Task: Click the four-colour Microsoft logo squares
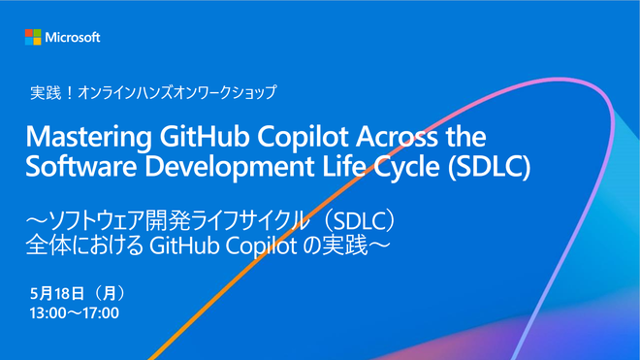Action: tap(33, 37)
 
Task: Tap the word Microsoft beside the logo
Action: tap(73, 38)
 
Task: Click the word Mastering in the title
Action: tap(88, 138)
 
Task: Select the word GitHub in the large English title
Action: tap(204, 137)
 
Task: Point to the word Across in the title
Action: tap(397, 137)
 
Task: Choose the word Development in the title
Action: tap(230, 168)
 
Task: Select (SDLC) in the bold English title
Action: tap(489, 167)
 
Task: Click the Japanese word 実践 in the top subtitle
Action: tap(46, 93)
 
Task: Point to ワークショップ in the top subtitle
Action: tap(235, 93)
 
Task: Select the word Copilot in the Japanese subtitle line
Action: tap(261, 246)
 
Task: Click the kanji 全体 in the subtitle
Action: tap(48, 245)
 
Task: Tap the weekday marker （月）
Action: tap(109, 293)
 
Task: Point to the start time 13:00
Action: tap(48, 313)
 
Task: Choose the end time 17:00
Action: tap(101, 313)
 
